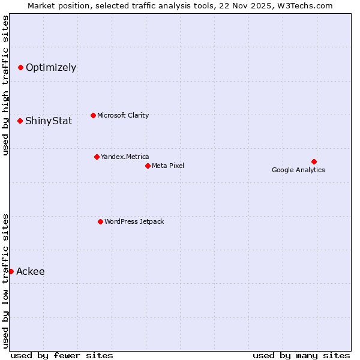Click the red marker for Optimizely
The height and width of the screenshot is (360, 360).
[x=20, y=67]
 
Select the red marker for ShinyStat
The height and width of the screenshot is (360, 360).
[x=20, y=121]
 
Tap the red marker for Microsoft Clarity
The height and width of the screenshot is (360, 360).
[x=93, y=115]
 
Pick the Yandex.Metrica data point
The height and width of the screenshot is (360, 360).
[x=97, y=157]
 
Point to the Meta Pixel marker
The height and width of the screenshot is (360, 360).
[x=148, y=166]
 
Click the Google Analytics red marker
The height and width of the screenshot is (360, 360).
[x=314, y=161]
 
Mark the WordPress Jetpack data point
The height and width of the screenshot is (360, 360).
[x=100, y=221]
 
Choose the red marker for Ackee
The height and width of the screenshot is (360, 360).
[x=11, y=271]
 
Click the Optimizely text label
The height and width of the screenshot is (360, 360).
[x=51, y=67]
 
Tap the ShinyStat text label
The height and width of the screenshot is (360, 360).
[x=49, y=121]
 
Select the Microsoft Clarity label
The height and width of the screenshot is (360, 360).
[x=123, y=115]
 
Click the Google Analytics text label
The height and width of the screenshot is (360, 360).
[x=298, y=170]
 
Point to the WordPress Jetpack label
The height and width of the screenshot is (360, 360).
[x=134, y=221]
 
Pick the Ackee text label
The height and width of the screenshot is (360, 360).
[x=31, y=271]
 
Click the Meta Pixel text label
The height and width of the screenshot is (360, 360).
[x=168, y=166]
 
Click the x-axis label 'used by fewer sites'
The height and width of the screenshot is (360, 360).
[x=62, y=355]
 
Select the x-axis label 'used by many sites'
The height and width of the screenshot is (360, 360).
[x=301, y=355]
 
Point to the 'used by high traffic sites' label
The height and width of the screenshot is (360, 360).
[x=5, y=85]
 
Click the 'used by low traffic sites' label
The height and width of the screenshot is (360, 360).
[x=5, y=280]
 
